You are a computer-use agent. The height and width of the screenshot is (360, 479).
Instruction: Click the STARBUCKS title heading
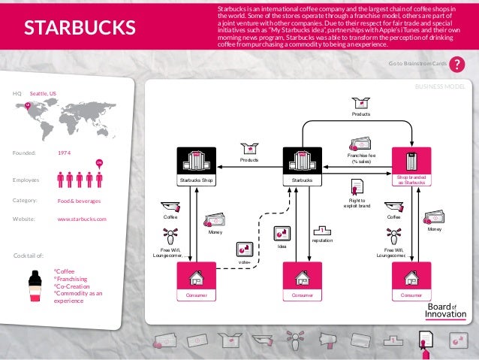click(79, 29)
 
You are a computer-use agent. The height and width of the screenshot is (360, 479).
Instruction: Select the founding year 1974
click(65, 152)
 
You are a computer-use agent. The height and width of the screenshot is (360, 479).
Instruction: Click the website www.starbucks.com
click(82, 219)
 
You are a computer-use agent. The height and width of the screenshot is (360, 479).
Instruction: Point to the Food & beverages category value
click(79, 201)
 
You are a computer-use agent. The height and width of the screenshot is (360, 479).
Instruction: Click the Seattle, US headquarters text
click(43, 93)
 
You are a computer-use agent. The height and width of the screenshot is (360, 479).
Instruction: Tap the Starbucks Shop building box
click(196, 166)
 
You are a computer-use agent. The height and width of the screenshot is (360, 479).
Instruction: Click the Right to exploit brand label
click(357, 201)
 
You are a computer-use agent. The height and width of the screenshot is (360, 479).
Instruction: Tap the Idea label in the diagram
click(282, 245)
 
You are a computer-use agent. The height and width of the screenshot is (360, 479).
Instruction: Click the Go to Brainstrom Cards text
click(417, 65)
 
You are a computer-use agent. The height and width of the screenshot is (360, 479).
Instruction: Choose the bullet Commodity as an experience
click(78, 297)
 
